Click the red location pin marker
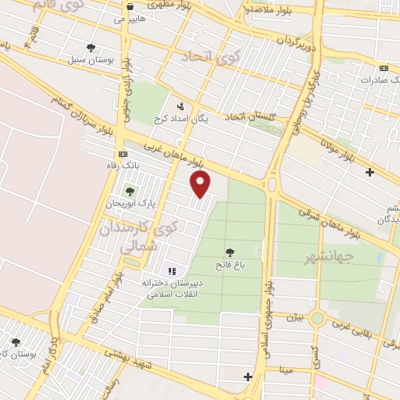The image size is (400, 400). tap(202, 184)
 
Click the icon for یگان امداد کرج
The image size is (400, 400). tap(182, 106)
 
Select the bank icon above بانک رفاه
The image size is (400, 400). tap(121, 154)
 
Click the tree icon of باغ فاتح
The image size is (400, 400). tap(230, 252)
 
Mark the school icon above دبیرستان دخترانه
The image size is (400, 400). tap(172, 270)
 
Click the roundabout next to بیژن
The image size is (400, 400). tap(316, 318)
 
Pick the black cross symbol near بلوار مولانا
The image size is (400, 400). tap(370, 171)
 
